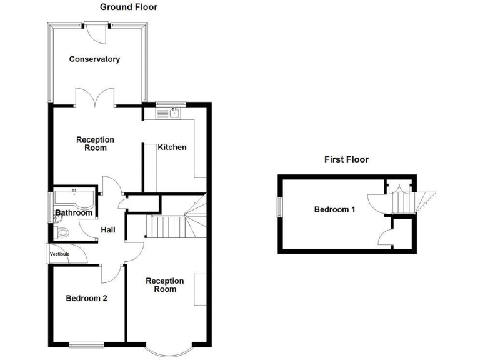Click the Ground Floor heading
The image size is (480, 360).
point(129,7)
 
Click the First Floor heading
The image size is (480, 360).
point(346,159)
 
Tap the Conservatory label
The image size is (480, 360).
point(94,59)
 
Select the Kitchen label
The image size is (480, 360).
point(172,147)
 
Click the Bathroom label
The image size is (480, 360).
point(74,213)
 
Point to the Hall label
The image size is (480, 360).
point(108,231)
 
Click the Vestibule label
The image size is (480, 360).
point(60,254)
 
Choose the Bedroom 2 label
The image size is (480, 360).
point(86,299)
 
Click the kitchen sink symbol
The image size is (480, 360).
point(174,112)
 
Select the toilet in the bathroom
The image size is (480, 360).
point(61,232)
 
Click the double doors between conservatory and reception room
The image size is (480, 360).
point(96,98)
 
